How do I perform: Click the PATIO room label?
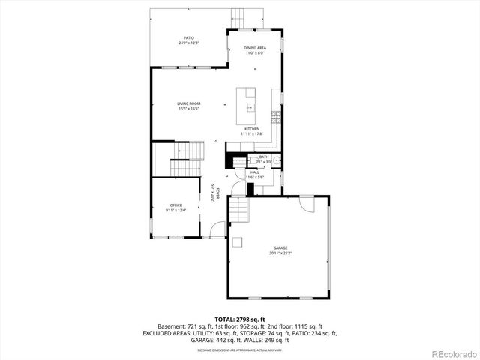[189, 40]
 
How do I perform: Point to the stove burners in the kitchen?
[275, 117]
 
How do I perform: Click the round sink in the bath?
[277, 160]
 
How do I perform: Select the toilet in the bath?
[239, 161]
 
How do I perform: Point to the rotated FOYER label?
[215, 193]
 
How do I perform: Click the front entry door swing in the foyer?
[217, 229]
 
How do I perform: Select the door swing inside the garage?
[306, 202]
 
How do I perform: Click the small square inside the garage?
[237, 242]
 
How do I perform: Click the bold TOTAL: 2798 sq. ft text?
[239, 319]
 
